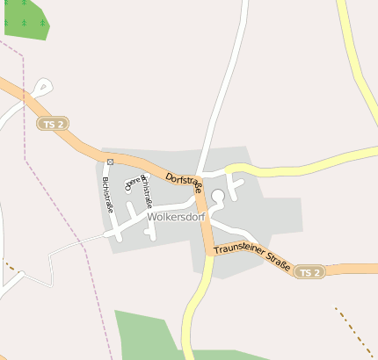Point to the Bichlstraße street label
[107, 196]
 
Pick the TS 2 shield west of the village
[54, 125]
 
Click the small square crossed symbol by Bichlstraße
[110, 162]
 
